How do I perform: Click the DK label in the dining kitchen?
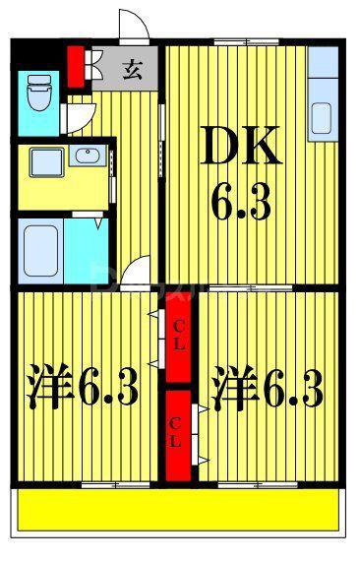point(241,146)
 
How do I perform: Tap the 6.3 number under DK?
point(242,203)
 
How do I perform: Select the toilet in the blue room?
point(39,93)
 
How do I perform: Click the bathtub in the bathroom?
point(40,250)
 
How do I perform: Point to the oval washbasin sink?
point(88,156)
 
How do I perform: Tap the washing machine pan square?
point(47,162)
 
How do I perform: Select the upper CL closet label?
point(179,336)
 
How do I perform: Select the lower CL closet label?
point(175,433)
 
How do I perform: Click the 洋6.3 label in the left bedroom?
point(83,387)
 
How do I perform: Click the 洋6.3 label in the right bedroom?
point(268,387)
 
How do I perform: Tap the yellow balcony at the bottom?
point(178,510)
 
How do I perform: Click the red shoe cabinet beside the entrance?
point(76,67)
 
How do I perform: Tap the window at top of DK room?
point(247,42)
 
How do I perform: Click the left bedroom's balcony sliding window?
point(115,485)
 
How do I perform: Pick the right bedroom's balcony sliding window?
point(258,485)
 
